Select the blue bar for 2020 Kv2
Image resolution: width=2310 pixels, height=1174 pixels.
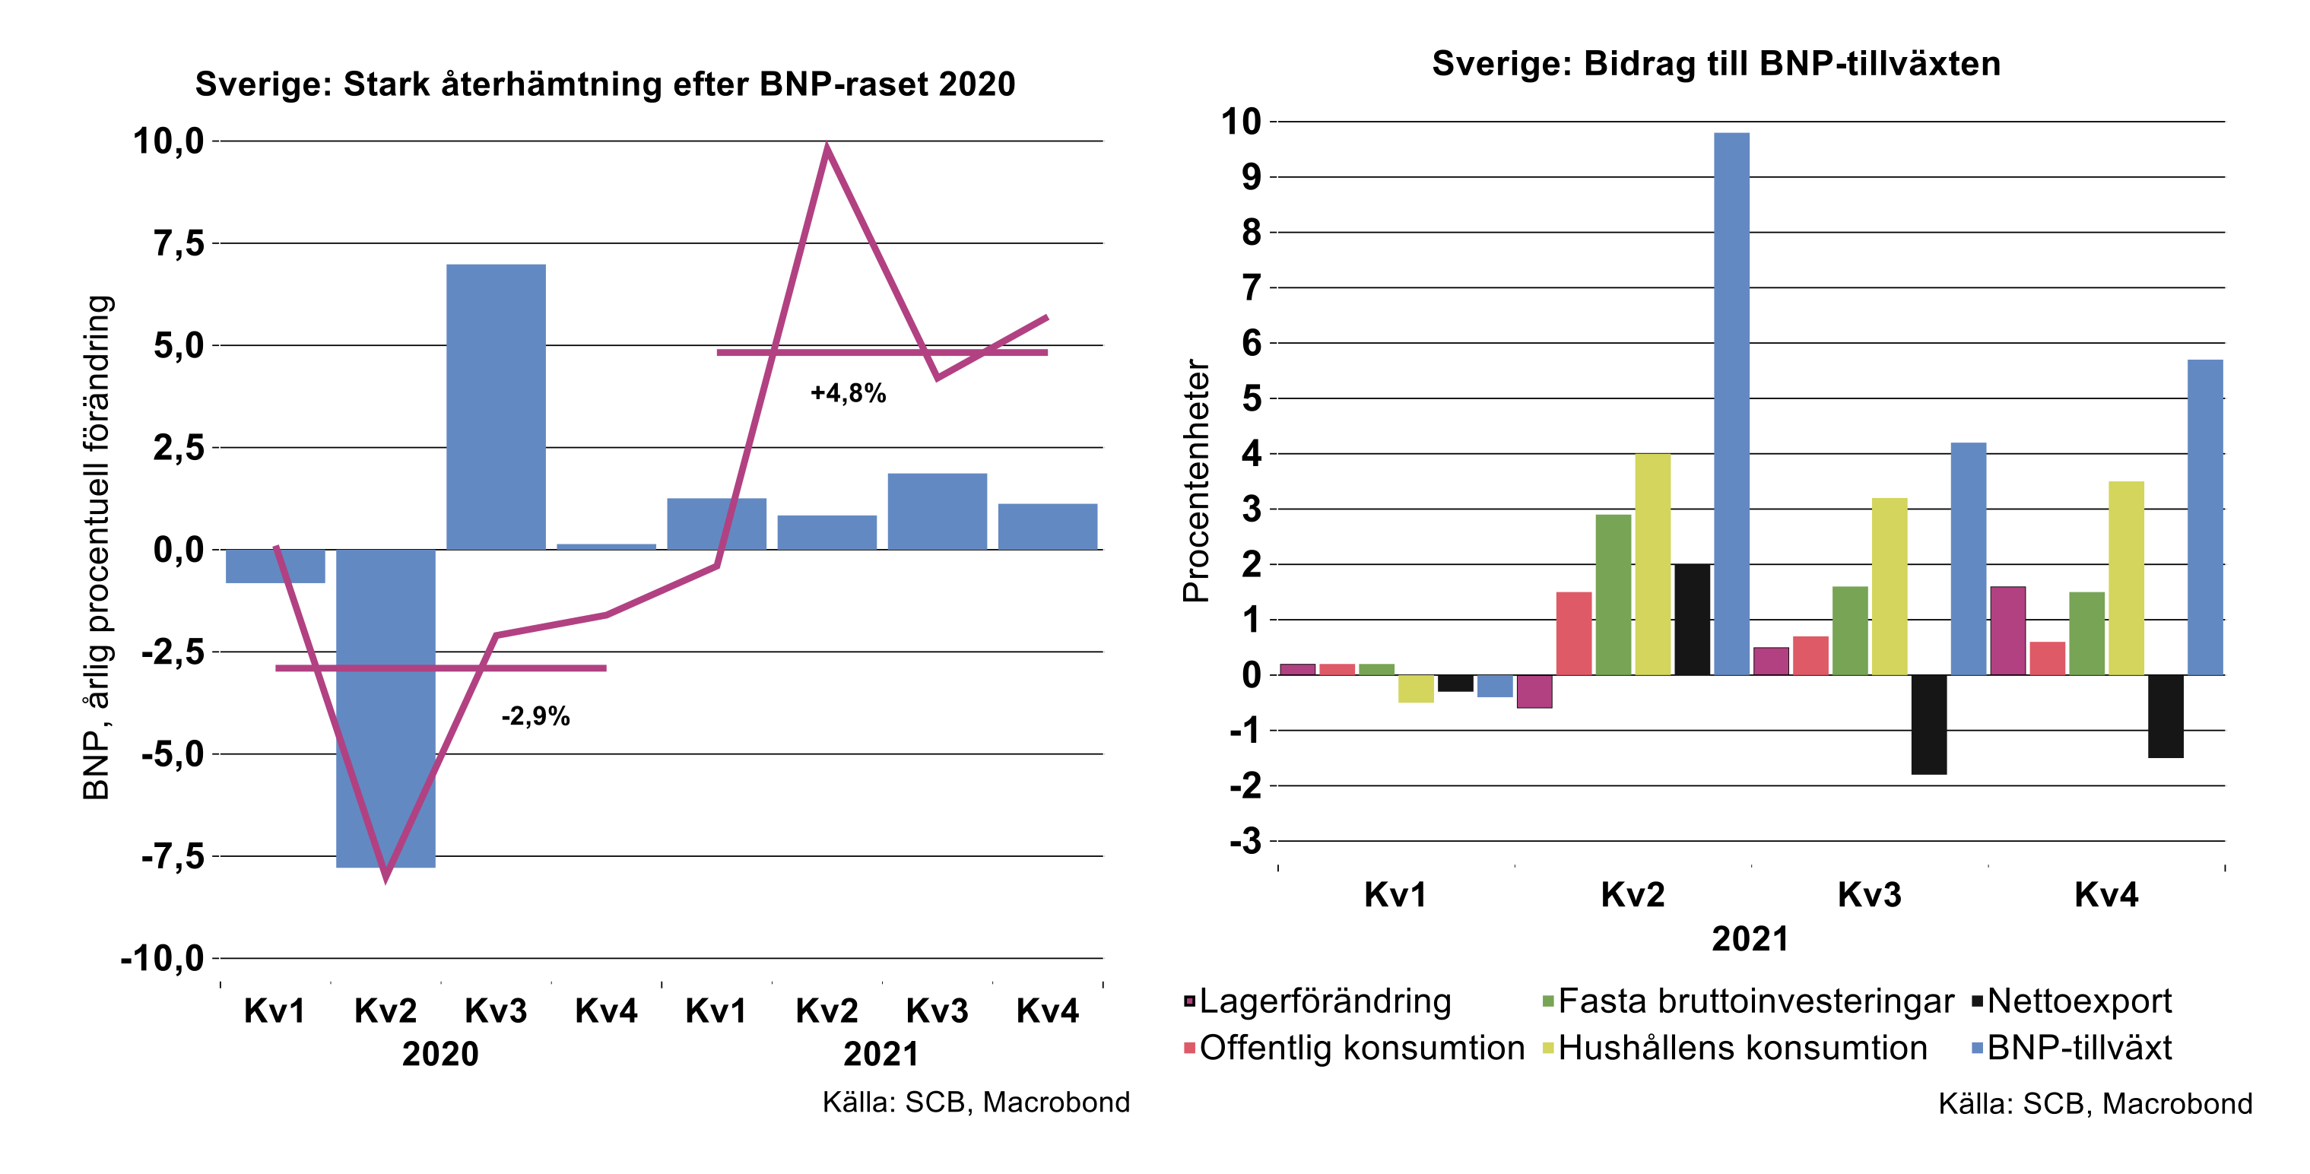pos(386,708)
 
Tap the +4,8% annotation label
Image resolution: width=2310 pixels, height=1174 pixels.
pos(847,393)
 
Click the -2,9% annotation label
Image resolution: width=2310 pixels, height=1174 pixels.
pos(535,716)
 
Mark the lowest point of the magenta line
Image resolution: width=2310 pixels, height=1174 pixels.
pos(386,877)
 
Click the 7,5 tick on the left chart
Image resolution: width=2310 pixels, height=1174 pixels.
pos(179,243)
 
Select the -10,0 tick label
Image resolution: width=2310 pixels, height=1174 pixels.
pos(162,958)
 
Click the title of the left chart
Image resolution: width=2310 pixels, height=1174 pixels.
pos(605,84)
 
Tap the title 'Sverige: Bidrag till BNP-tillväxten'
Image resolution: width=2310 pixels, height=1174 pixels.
pos(1715,64)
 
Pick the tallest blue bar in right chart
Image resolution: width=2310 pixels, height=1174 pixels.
pos(1731,404)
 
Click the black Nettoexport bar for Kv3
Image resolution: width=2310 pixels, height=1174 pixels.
pos(1928,724)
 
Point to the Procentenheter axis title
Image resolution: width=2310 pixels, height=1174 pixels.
pos(1196,480)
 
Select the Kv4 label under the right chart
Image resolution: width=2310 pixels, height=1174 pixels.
pos(2105,894)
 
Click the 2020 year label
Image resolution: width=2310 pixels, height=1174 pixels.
pos(440,1053)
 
